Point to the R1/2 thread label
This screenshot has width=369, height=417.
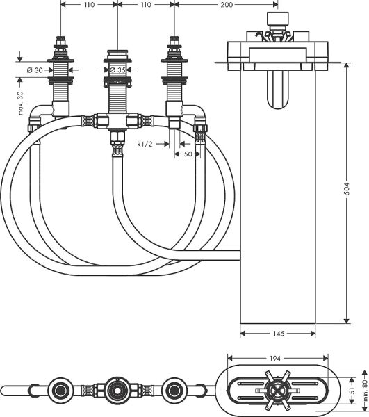tap(146, 144)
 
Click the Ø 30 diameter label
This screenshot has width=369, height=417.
tap(34, 70)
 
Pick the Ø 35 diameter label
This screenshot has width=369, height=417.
tap(119, 70)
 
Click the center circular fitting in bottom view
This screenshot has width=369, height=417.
tap(115, 388)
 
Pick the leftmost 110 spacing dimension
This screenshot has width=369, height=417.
tap(89, 6)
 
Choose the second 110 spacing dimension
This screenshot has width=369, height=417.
tap(146, 6)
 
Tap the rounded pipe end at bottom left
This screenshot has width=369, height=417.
tap(7, 388)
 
